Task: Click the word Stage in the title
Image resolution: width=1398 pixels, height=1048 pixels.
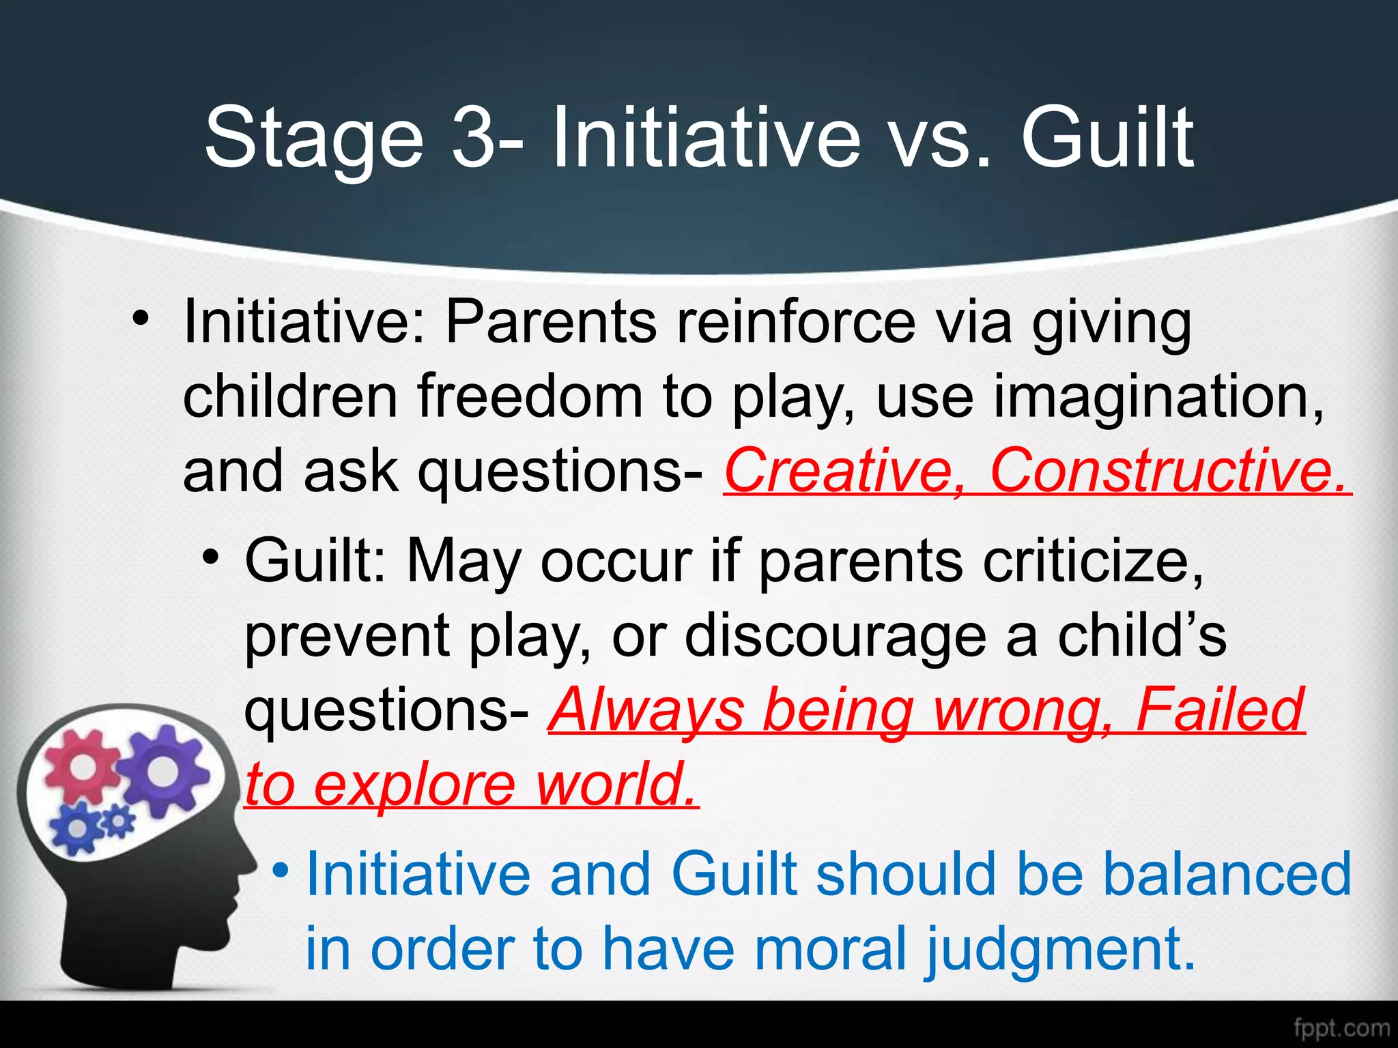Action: pos(315,140)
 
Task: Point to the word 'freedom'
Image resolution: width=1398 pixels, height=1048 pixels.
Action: pos(530,397)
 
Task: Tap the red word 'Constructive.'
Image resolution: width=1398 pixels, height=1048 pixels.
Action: pos(1169,471)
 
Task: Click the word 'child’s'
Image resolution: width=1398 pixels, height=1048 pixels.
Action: pos(1142,636)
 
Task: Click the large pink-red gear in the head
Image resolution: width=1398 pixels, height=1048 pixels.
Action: pos(83,766)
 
